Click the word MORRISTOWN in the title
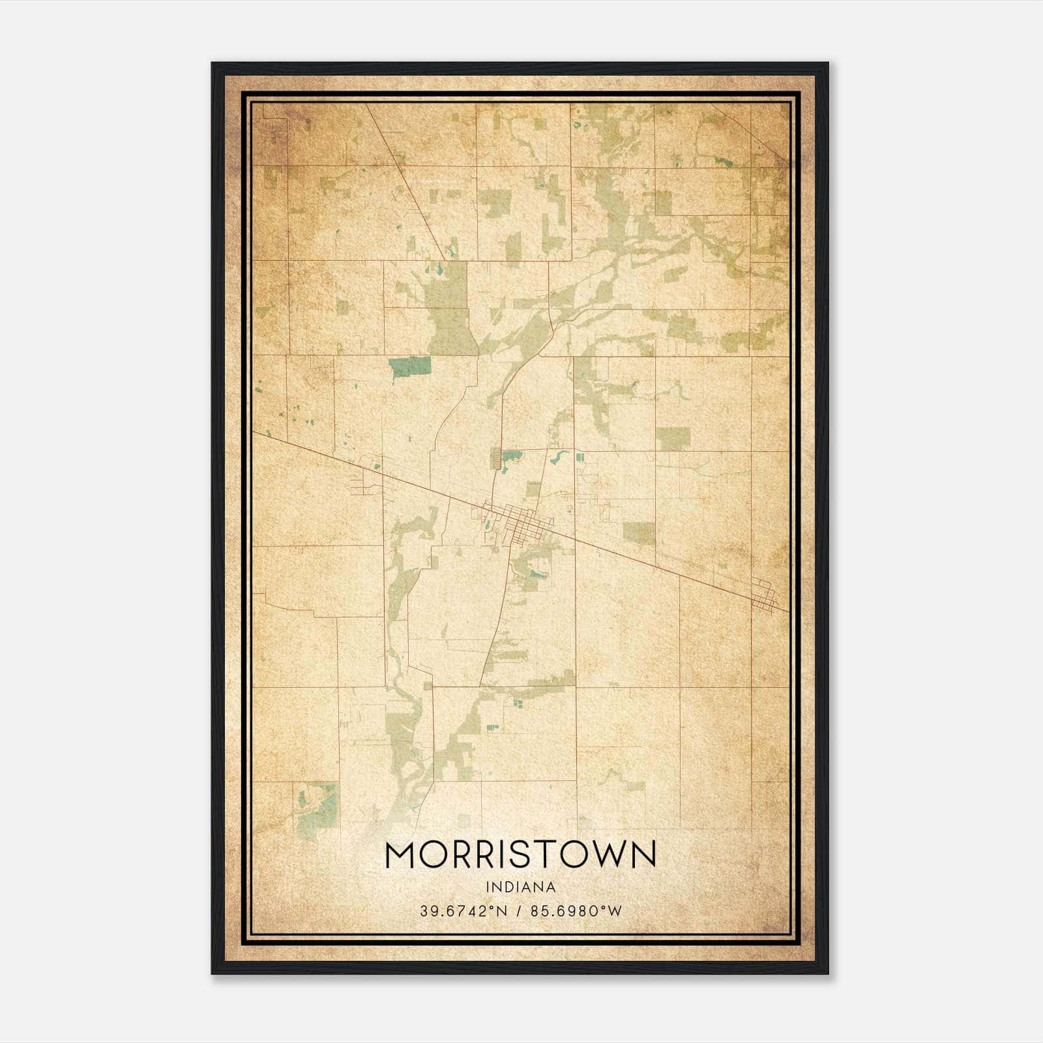[520, 855]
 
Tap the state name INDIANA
[520, 887]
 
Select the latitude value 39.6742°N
[463, 911]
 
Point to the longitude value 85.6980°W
[576, 911]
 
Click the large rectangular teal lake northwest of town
[409, 367]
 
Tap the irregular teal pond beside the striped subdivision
[512, 456]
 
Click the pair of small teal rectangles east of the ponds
[579, 457]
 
